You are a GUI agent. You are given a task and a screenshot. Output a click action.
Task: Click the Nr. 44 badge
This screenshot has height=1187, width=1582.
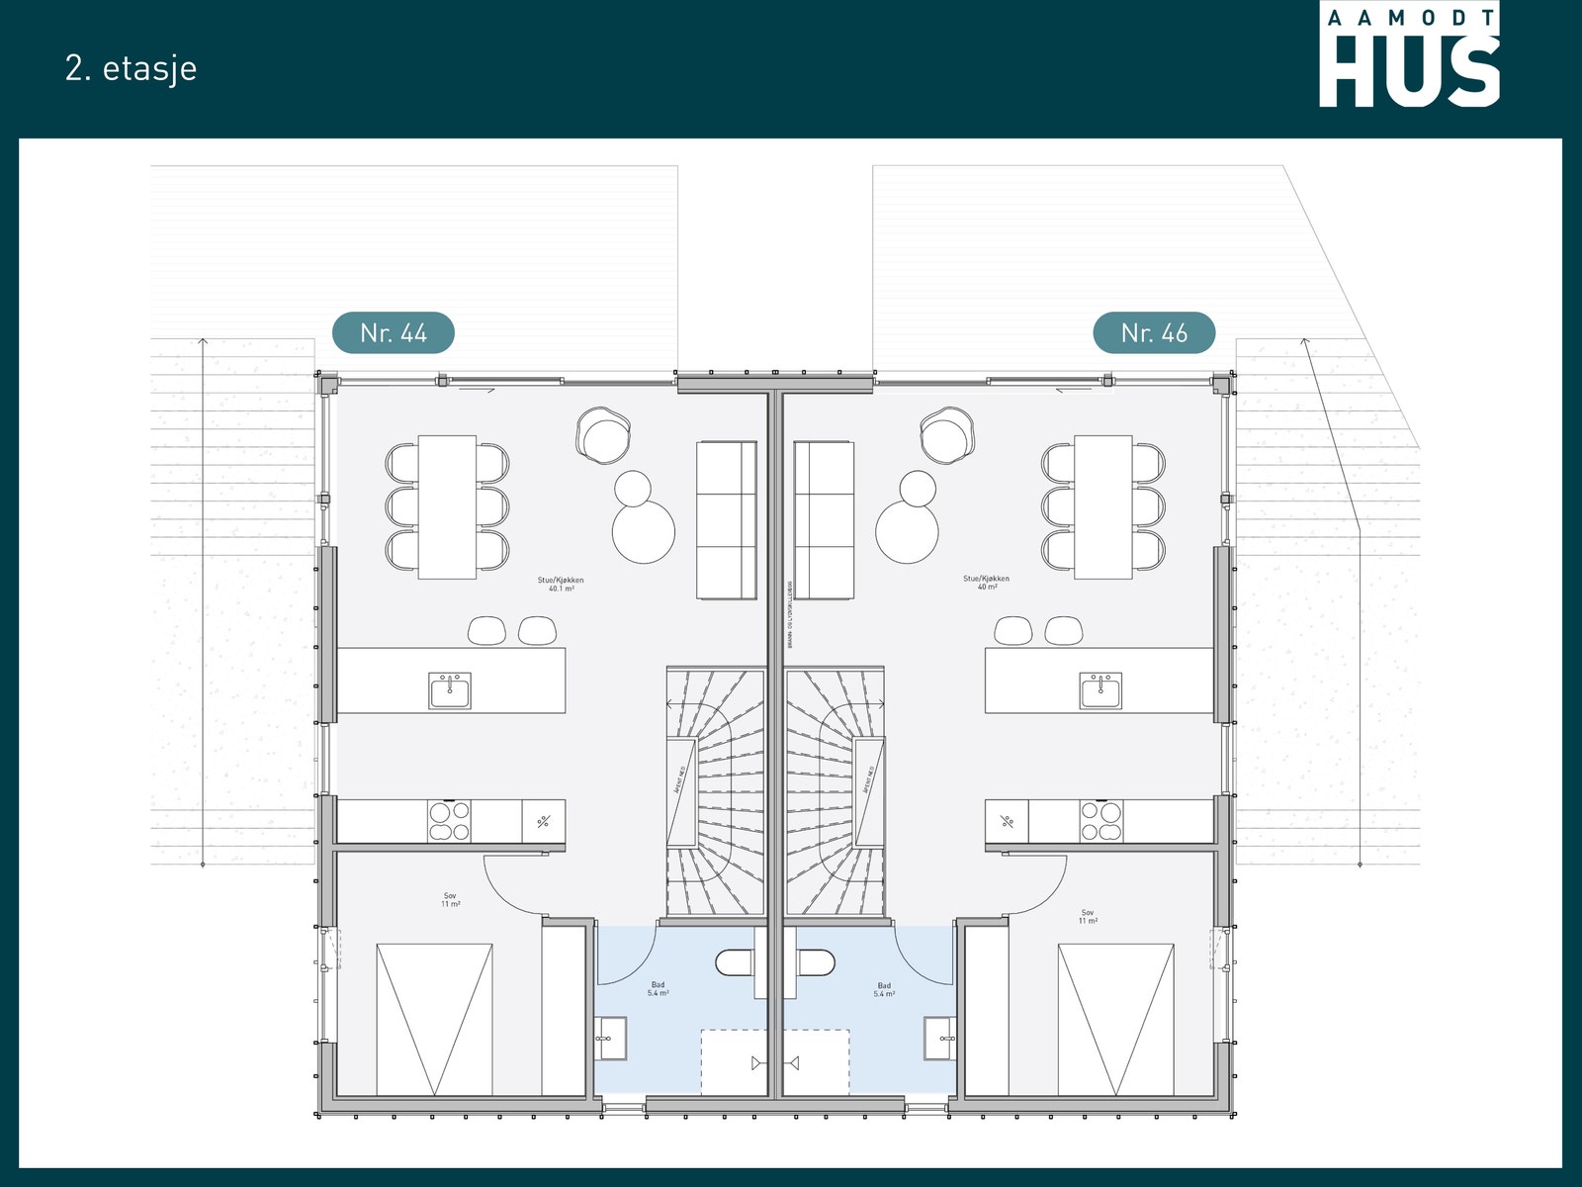pos(393,333)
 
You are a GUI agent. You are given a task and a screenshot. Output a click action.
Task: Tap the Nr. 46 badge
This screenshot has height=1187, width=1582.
pos(1154,333)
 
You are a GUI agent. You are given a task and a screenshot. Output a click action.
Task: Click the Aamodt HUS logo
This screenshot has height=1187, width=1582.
pos(1409,54)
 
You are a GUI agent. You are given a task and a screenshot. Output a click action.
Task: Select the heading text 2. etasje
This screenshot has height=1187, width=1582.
pos(132,68)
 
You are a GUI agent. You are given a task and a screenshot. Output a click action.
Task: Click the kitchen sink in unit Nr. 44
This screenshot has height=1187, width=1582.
pos(450,689)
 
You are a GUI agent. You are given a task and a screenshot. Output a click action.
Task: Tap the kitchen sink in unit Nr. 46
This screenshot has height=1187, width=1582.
pos(1100,689)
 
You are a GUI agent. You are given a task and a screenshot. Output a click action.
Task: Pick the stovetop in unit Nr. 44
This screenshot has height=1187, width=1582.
pos(449,821)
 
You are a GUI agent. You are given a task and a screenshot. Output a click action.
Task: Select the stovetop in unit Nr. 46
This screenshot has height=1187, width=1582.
pos(1100,821)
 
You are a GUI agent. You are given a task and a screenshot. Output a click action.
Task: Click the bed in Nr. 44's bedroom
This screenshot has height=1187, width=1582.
pos(434,1019)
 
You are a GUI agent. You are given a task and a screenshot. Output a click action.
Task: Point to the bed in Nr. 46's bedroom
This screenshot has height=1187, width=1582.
pos(1116,1019)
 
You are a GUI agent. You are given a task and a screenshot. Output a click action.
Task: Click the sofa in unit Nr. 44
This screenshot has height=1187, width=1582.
pos(727,520)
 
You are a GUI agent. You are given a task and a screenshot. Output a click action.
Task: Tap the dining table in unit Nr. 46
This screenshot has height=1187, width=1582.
pos(1103,506)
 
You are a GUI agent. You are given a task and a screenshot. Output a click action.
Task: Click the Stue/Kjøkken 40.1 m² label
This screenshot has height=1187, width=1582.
pos(561,585)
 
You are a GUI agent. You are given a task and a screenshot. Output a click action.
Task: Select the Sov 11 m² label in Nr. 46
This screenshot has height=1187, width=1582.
pos(1088,917)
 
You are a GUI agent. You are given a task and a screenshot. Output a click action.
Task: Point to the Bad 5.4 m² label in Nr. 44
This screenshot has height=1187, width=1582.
pos(659,989)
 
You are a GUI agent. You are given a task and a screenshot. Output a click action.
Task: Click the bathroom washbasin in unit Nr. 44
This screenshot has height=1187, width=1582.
pos(611,1038)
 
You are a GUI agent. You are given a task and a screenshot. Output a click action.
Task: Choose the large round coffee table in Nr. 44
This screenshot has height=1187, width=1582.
pos(644,531)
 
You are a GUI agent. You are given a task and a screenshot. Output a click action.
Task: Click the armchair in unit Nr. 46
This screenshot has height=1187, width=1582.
pos(947,435)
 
